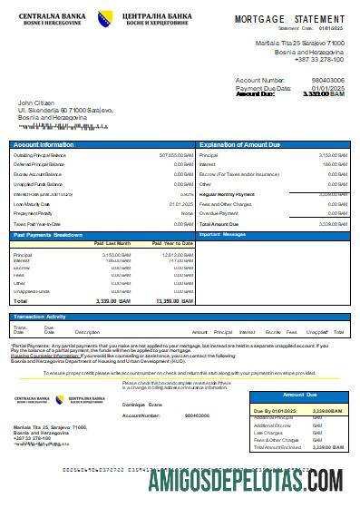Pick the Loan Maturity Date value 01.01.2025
tap(181, 205)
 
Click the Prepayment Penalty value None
tap(186, 214)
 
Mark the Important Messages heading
tap(222, 234)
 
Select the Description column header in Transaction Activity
tap(87, 333)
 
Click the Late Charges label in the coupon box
tap(268, 433)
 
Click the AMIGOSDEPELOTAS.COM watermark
tap(238, 479)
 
